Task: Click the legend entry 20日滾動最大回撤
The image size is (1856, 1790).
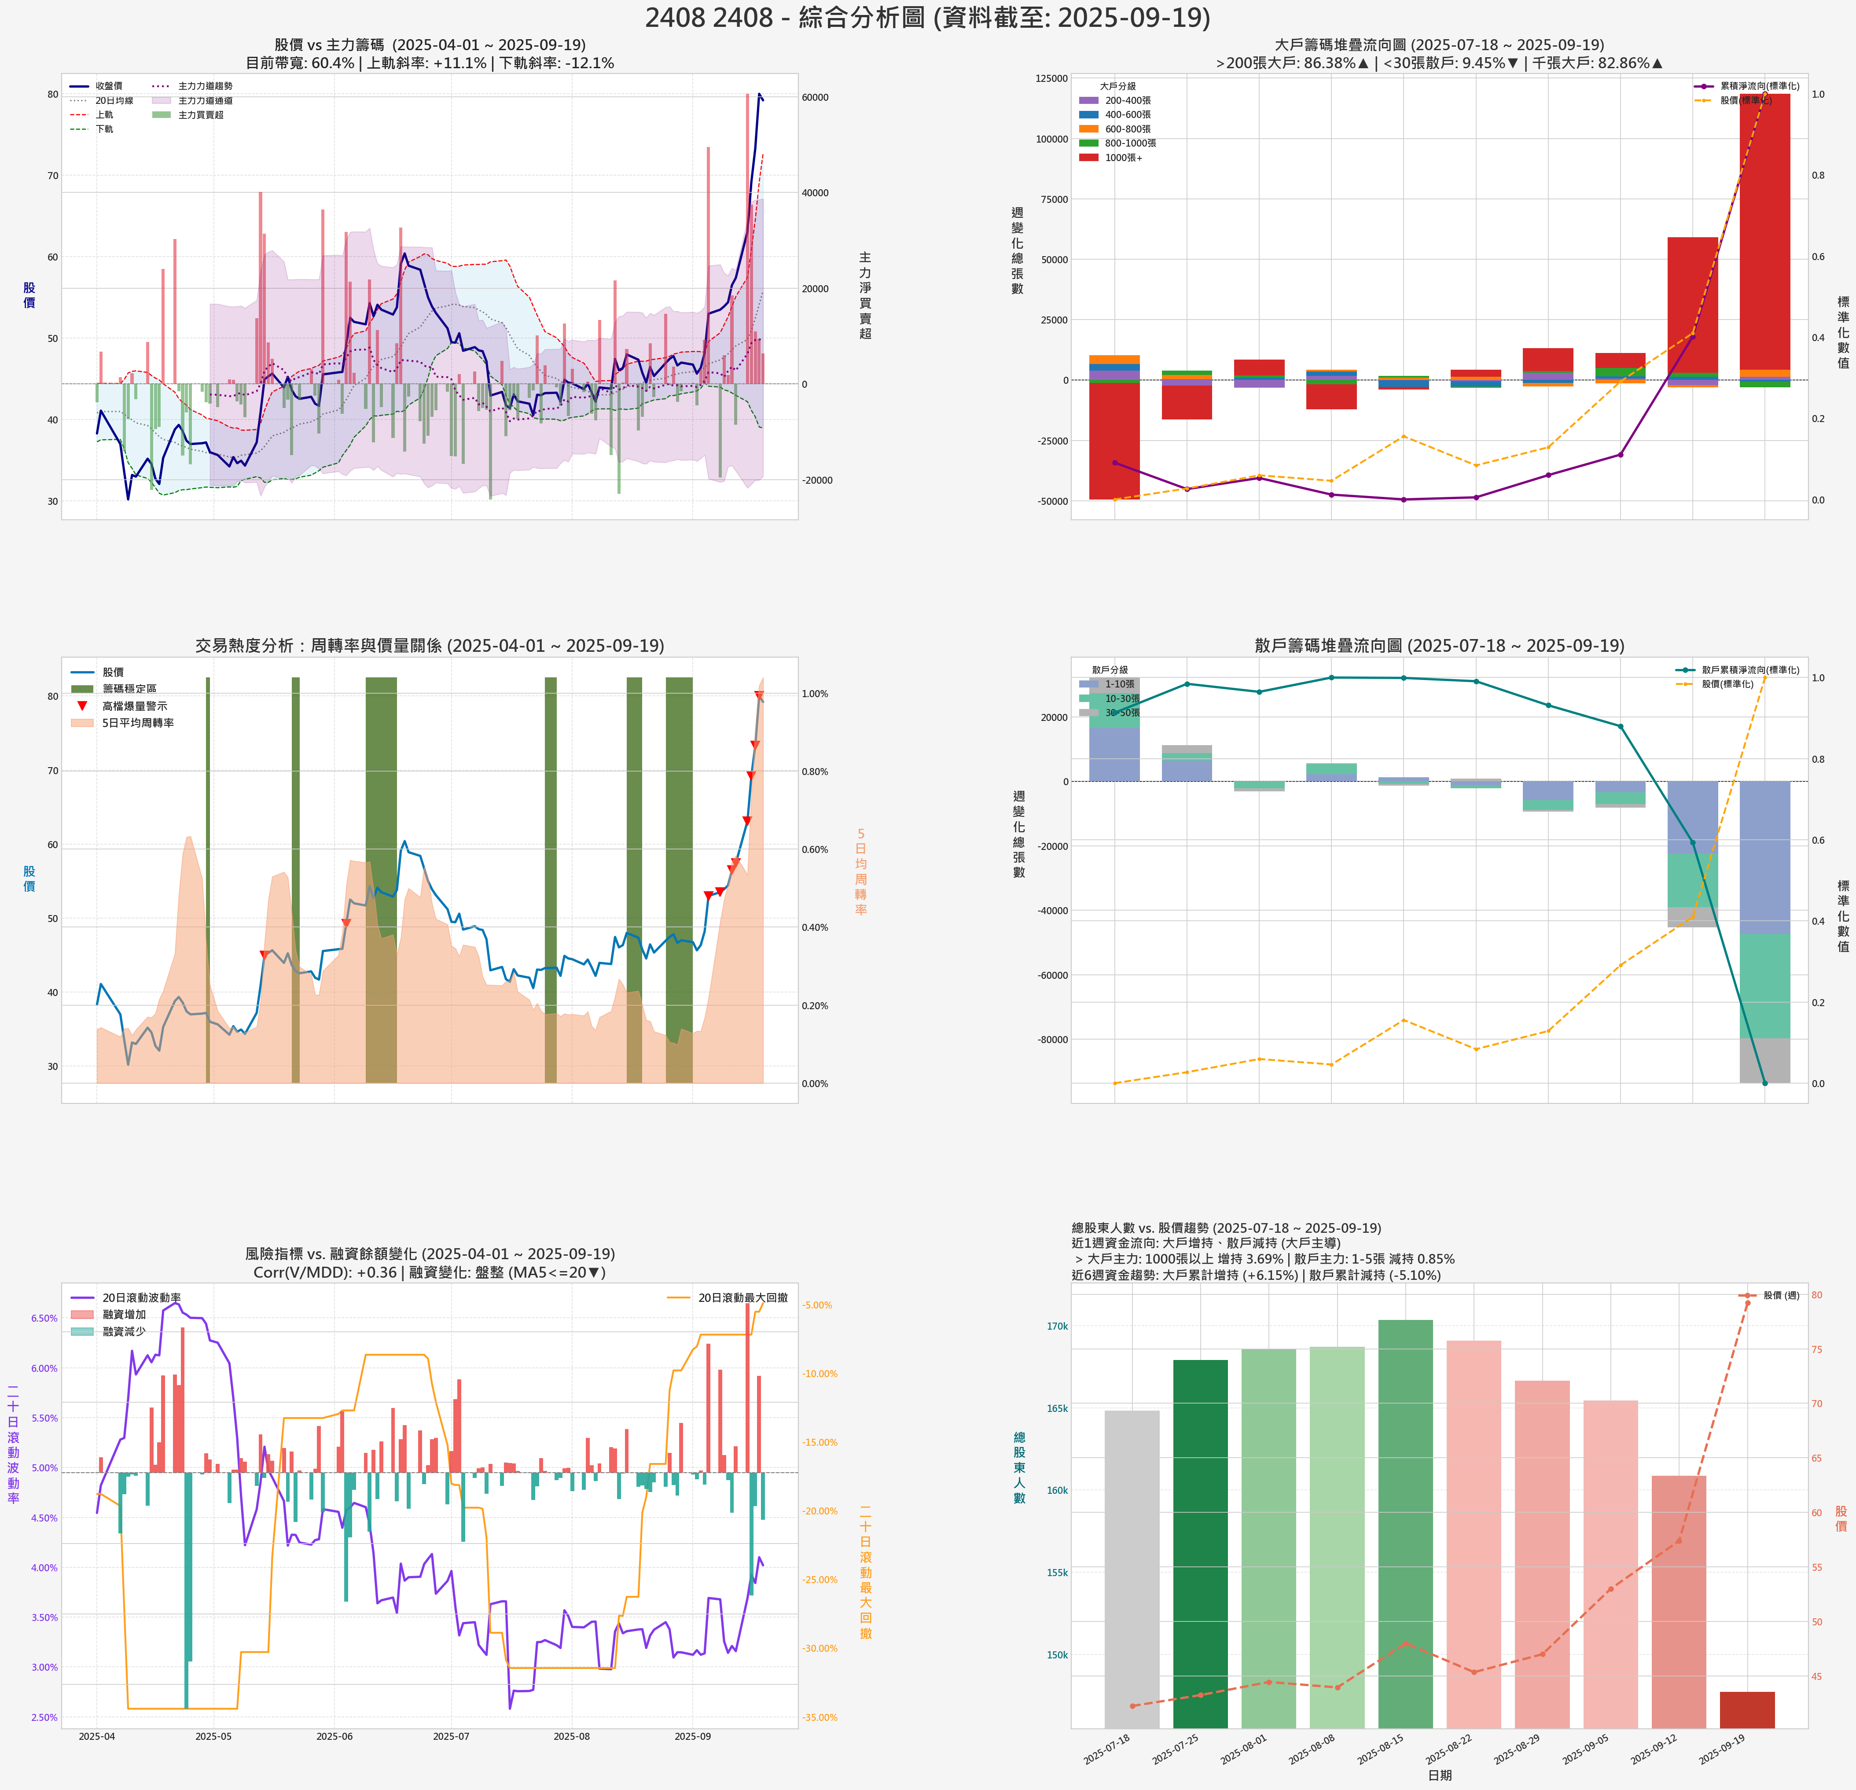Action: tap(742, 1297)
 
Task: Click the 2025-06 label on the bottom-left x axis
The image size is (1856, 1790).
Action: tap(334, 1736)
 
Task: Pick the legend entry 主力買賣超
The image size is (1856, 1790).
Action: tap(201, 114)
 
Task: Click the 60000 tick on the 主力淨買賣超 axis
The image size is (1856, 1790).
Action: tap(815, 98)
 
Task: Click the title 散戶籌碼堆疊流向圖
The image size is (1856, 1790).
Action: tap(1439, 645)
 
